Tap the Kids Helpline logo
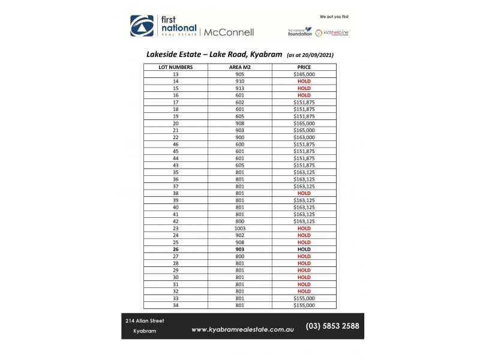(335, 32)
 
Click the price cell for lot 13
(304, 74)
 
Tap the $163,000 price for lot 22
(304, 137)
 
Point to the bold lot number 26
(176, 249)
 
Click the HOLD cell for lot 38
(304, 193)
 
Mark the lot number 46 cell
(176, 144)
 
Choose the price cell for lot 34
(304, 305)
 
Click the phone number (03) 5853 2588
(332, 326)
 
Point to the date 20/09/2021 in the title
(314, 55)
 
